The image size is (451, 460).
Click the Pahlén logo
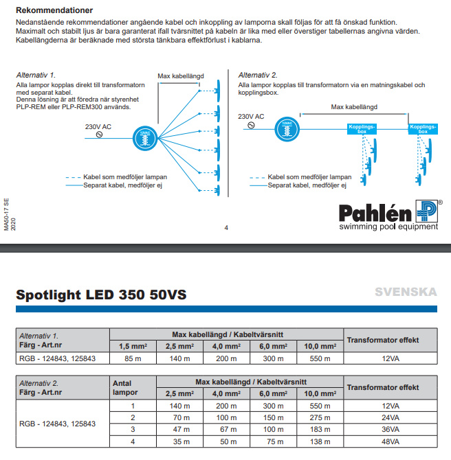(x=388, y=215)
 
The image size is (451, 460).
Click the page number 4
(x=225, y=228)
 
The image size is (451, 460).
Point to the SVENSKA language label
(x=405, y=292)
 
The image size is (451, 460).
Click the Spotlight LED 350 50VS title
(x=100, y=295)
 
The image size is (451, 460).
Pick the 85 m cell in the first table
(x=134, y=358)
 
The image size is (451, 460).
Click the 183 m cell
(x=319, y=430)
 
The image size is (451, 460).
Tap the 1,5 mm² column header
(x=134, y=345)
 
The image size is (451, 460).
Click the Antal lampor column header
(x=125, y=389)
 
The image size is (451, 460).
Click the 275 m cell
(x=319, y=417)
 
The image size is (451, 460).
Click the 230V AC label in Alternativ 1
(x=97, y=126)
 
